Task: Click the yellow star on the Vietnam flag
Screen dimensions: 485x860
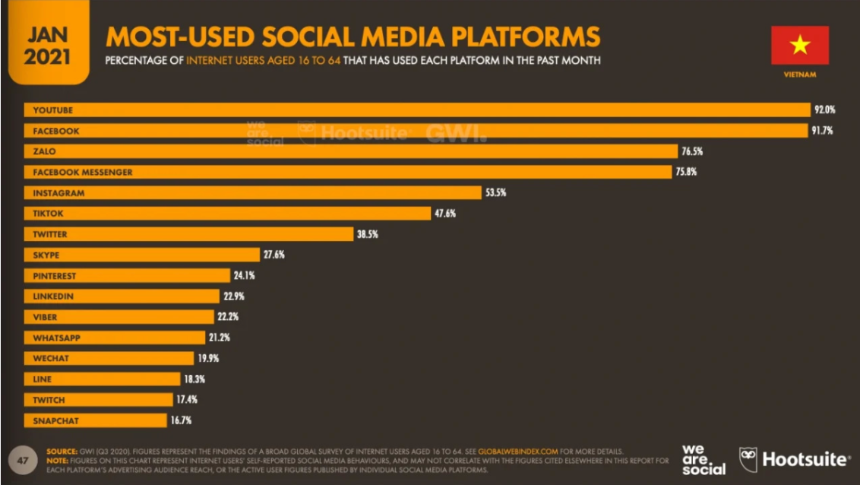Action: [800, 45]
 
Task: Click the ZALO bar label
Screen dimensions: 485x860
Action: [44, 151]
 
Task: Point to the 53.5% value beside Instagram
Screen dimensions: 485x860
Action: [495, 193]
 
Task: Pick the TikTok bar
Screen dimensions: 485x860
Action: [228, 214]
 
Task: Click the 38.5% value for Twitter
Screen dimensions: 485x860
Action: [368, 234]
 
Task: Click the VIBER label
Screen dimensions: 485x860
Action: [45, 317]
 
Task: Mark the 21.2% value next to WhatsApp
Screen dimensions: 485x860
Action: [220, 338]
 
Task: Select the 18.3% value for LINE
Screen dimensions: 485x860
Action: [194, 379]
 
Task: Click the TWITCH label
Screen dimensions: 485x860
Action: [49, 400]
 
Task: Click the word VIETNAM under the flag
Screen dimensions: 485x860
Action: [800, 74]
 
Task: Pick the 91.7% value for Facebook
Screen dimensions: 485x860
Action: [822, 131]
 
